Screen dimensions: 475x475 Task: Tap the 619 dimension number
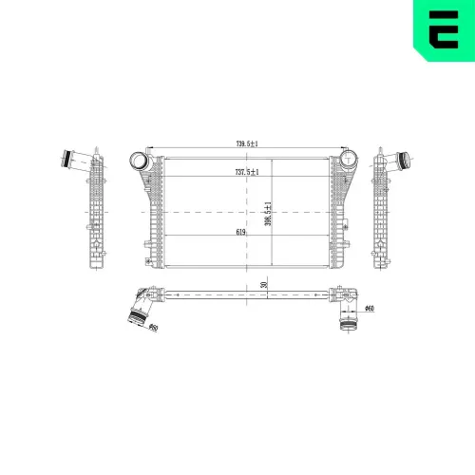(243, 230)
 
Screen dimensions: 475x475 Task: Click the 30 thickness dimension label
(264, 284)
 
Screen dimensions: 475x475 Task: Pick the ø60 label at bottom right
(370, 309)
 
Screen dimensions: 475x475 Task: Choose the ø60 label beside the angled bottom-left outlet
(151, 328)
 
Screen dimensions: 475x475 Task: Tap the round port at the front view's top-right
(351, 159)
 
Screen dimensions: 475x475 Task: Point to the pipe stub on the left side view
(74, 159)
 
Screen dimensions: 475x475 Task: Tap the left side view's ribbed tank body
(96, 209)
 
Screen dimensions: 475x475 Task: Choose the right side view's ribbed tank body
(385, 209)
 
